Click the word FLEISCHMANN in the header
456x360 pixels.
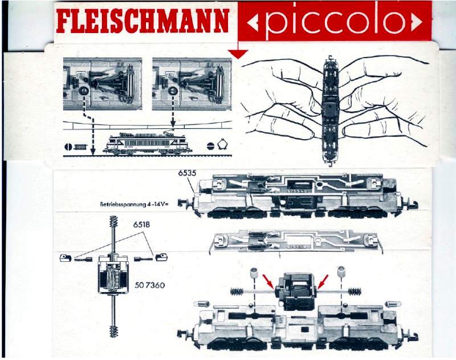142,21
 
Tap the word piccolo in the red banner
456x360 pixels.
335,22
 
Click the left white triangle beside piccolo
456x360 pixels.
254,23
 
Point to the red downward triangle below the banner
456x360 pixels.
238,54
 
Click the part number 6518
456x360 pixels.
142,226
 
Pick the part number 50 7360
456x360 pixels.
150,285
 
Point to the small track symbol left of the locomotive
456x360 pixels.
77,147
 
